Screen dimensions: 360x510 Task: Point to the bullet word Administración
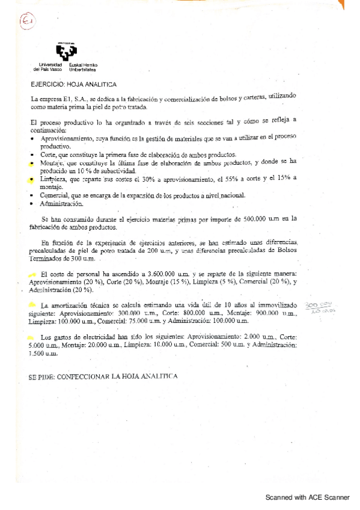click(x=58, y=203)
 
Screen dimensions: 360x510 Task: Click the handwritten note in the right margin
click(x=320, y=308)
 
